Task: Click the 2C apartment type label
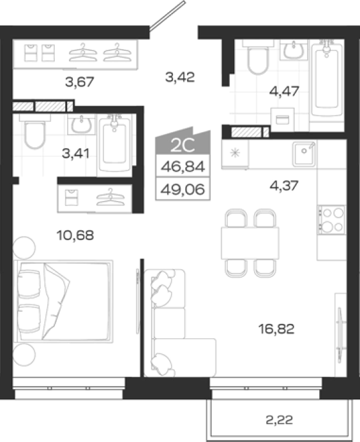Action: point(183,145)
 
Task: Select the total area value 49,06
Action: point(183,189)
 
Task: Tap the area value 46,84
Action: point(183,166)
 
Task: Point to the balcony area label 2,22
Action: point(279,420)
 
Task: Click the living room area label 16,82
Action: point(276,328)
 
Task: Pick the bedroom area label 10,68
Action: point(75,235)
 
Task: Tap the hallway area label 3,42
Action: point(180,77)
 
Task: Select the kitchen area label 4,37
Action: point(284,186)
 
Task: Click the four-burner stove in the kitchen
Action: point(332,220)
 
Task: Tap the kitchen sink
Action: point(304,154)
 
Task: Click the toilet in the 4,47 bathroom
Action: point(258,57)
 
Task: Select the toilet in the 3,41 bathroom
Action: point(35,131)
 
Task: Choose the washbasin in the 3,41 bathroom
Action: point(81,124)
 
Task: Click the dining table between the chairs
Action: point(250,243)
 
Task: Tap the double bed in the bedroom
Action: point(63,301)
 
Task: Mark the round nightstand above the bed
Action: point(25,248)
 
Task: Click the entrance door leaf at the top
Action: point(167,15)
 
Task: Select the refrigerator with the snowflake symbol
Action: point(235,154)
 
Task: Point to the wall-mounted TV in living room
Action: point(340,335)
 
